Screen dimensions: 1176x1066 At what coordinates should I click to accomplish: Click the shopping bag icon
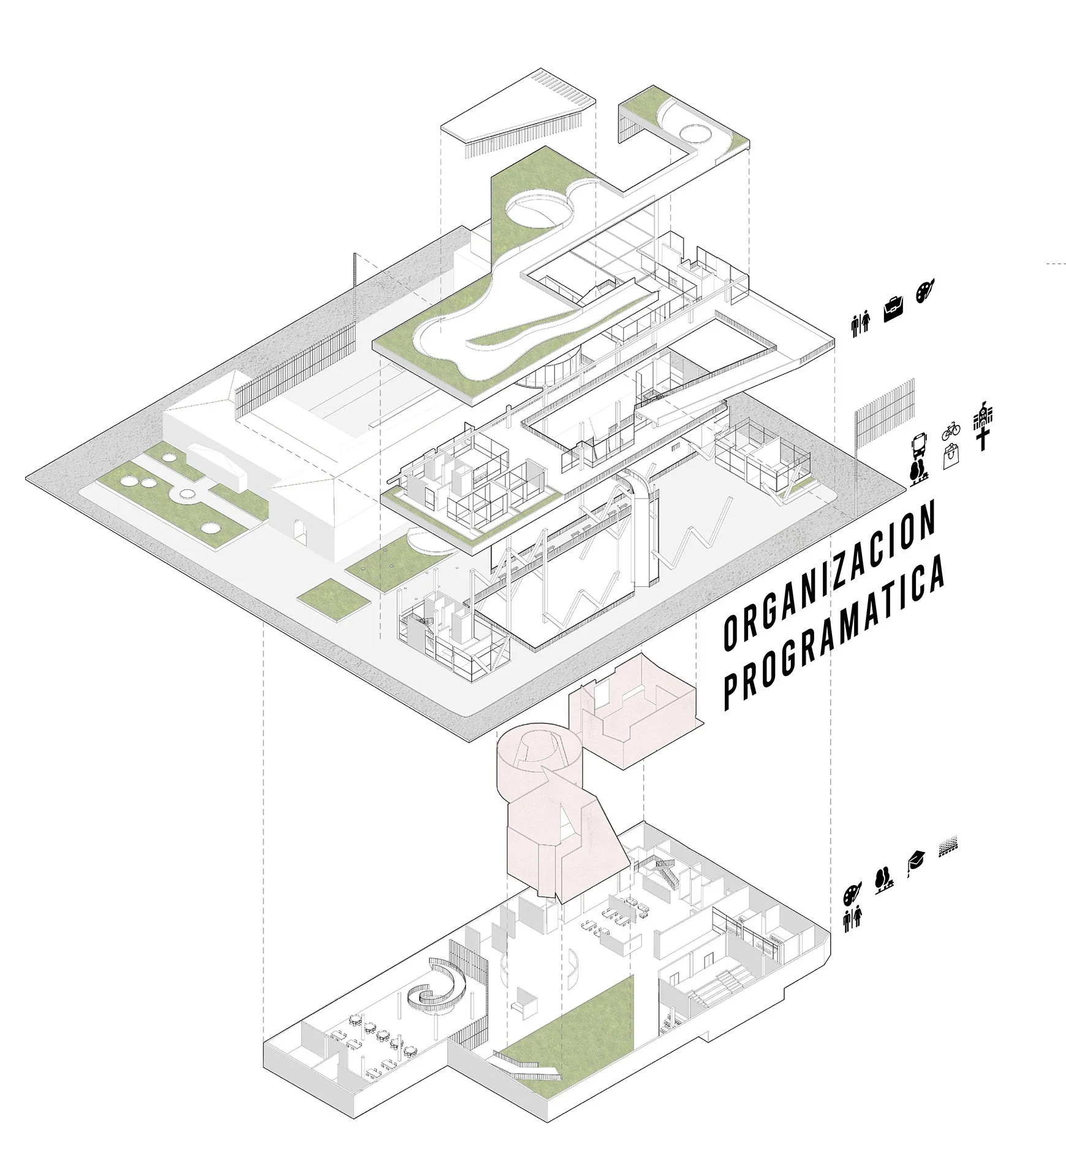point(951,458)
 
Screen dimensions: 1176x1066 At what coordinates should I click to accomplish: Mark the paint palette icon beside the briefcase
point(925,292)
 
